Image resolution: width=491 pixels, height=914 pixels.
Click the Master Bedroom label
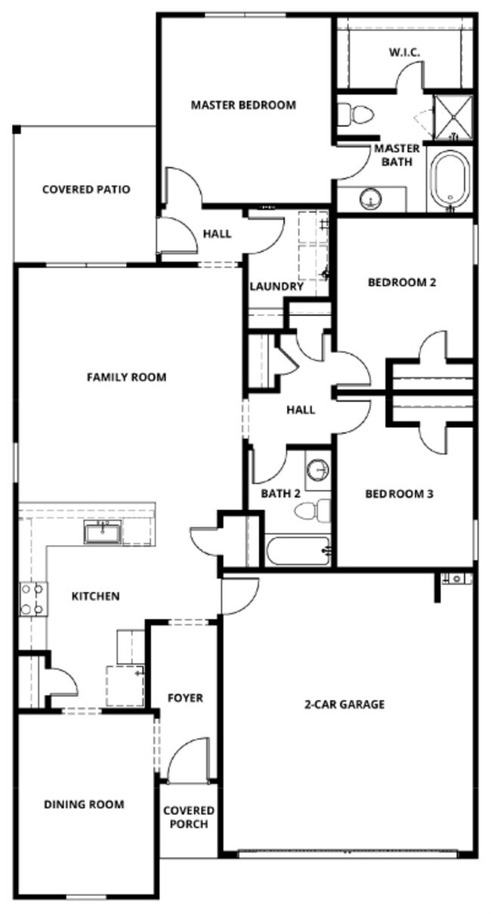[x=242, y=105]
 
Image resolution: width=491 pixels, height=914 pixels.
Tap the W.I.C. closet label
[x=404, y=52]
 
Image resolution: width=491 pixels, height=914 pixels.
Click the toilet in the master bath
[x=356, y=115]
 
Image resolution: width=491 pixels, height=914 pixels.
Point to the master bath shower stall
[x=452, y=117]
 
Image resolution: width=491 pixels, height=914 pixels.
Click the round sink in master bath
[x=370, y=200]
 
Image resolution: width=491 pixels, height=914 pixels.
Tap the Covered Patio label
[x=85, y=189]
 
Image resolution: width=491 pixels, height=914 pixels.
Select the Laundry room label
[x=276, y=287]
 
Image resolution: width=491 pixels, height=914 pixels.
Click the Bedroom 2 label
[x=402, y=283]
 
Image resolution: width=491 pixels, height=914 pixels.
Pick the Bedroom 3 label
[x=399, y=494]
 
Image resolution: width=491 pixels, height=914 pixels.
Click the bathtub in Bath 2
[x=298, y=551]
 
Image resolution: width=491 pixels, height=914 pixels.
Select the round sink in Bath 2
[x=317, y=470]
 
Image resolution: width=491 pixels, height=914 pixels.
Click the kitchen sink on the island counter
[x=100, y=533]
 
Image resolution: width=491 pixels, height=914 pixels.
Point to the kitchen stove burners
[x=32, y=599]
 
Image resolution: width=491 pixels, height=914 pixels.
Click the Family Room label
[x=126, y=376]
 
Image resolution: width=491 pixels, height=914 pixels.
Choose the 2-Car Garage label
[x=344, y=704]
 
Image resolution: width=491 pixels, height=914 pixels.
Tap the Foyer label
[x=185, y=698]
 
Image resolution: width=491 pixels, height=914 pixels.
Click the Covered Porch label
[x=189, y=816]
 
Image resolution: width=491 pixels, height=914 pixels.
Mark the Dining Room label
[x=84, y=804]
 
